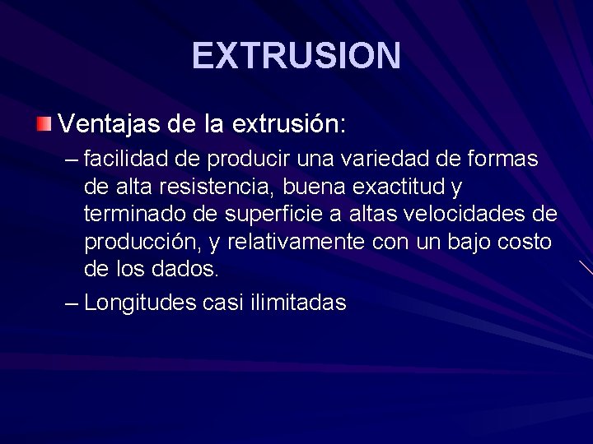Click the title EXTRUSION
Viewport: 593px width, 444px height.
click(x=296, y=56)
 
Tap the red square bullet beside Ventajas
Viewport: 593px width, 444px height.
click(x=44, y=124)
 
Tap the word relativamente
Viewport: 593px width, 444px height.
click(x=297, y=244)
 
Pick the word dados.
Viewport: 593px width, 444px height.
click(x=189, y=270)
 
